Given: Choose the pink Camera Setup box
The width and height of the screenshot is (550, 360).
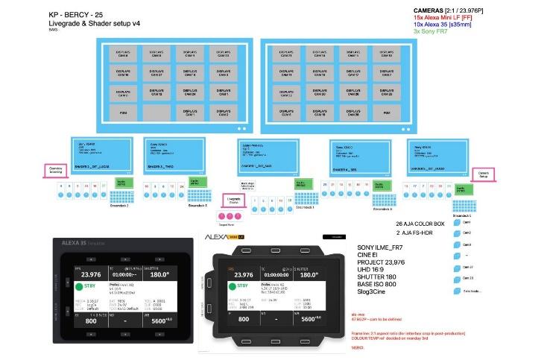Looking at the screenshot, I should tap(482, 173).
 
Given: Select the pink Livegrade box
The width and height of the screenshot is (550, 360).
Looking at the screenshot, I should tap(234, 199).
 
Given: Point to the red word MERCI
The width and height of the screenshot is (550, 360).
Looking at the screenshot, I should tap(358, 347).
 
